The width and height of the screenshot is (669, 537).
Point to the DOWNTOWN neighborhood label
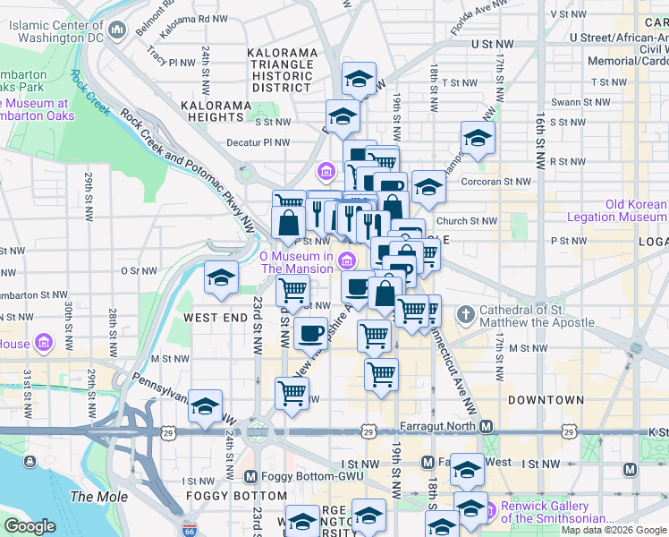pyautogui.click(x=546, y=400)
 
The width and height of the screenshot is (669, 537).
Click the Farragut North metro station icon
pyautogui.click(x=486, y=426)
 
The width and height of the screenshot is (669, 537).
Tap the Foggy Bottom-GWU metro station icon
pyautogui.click(x=250, y=476)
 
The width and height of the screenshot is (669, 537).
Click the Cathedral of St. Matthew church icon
pyautogui.click(x=465, y=315)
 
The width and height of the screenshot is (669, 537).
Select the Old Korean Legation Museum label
pyautogui.click(x=636, y=210)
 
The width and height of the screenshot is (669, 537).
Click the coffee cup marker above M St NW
pyautogui.click(x=310, y=333)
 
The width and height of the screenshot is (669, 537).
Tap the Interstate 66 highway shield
pyautogui.click(x=189, y=530)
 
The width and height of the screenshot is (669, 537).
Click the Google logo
pyautogui.click(x=30, y=526)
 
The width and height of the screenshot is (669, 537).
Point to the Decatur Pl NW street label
pyautogui.click(x=258, y=141)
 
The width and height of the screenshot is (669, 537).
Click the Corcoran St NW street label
pyautogui.click(x=490, y=181)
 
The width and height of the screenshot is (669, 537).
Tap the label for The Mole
pyautogui.click(x=93, y=497)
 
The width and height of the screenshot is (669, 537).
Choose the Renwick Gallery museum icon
pyautogui.click(x=489, y=510)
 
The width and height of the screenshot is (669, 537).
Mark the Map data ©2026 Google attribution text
pyautogui.click(x=613, y=530)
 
